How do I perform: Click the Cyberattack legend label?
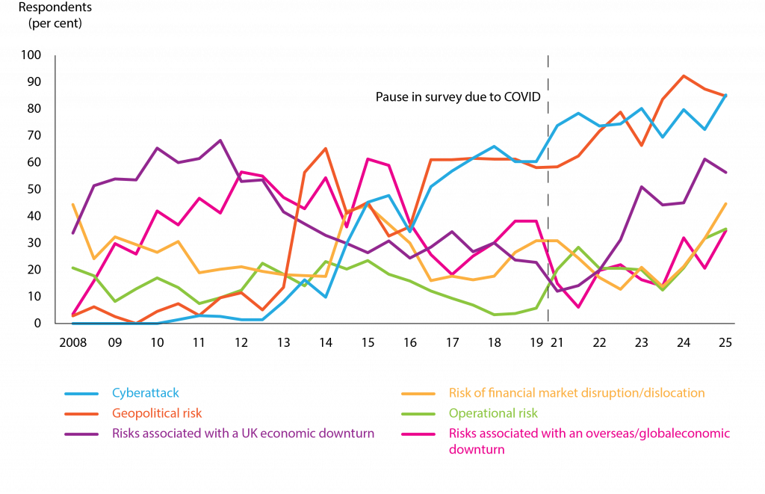pos(146,393)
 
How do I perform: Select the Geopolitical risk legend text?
pos(157,413)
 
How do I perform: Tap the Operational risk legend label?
pos(493,413)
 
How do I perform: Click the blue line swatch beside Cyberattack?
pos(81,394)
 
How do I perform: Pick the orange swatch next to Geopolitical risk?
pos(81,413)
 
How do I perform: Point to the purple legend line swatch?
pos(81,433)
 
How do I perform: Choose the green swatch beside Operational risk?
pos(418,413)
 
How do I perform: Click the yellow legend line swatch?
pos(418,394)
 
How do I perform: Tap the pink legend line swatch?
pos(418,433)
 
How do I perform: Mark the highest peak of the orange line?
pos(684,75)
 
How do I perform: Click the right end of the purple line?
pos(726,173)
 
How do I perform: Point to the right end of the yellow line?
pos(726,203)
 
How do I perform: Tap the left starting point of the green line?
pos(72,268)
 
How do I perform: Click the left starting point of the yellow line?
pos(72,203)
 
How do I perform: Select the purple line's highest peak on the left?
pos(220,140)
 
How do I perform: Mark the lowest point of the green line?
pos(496,315)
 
